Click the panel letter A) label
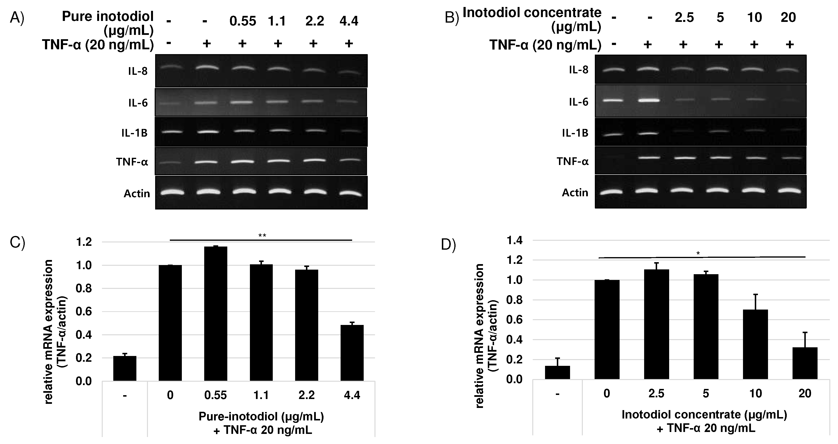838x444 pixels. (x=17, y=18)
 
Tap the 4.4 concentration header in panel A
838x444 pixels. (x=349, y=21)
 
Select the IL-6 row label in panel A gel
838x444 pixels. (x=138, y=103)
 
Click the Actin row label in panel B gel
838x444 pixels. (x=575, y=193)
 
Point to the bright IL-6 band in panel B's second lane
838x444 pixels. (x=649, y=100)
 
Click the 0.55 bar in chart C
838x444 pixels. (x=216, y=314)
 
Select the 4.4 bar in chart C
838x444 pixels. (x=352, y=353)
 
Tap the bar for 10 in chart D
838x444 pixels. (x=755, y=344)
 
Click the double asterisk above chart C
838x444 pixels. (x=262, y=236)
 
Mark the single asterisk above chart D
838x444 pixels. (x=698, y=254)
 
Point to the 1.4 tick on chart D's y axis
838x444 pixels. (x=515, y=241)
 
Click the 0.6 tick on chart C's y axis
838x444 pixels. (x=84, y=312)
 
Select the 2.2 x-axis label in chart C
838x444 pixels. (x=306, y=395)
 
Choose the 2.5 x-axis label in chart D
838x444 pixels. (x=656, y=393)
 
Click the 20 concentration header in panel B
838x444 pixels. (x=788, y=18)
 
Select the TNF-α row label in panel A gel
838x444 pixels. (x=132, y=162)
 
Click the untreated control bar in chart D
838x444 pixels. (x=557, y=372)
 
